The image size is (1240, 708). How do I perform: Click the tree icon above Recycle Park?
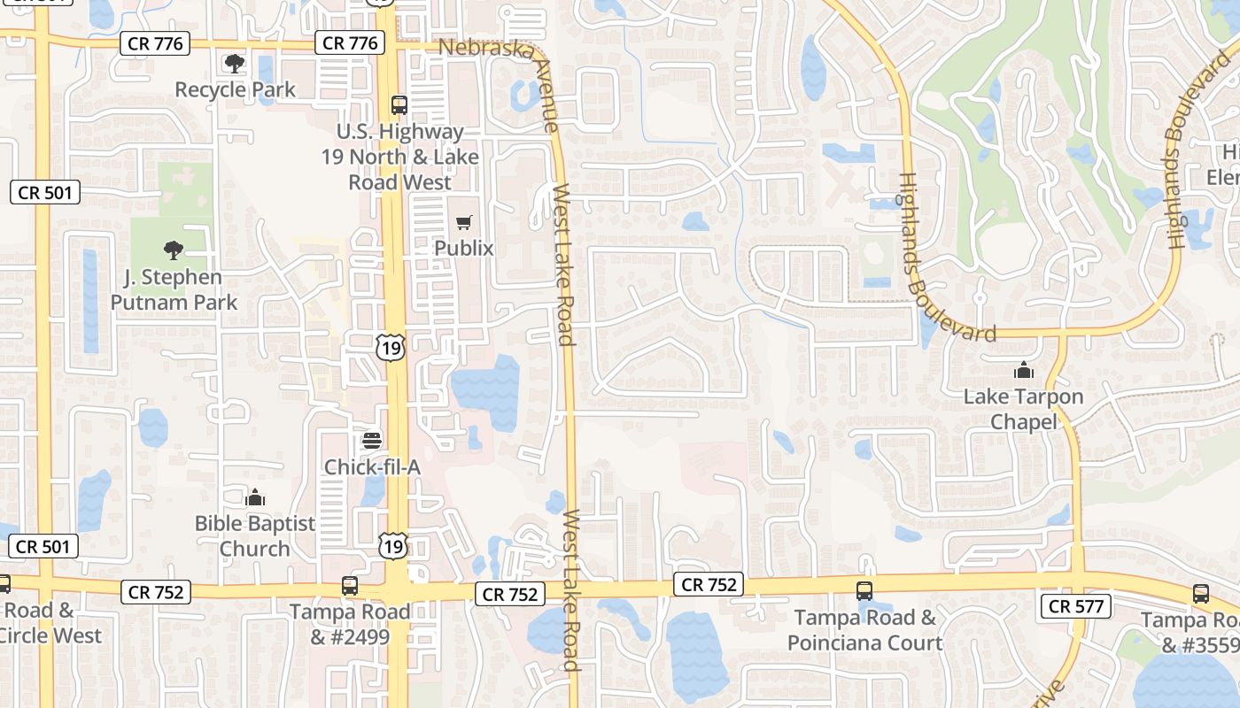[x=235, y=63]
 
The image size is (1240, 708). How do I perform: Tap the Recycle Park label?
[x=235, y=89]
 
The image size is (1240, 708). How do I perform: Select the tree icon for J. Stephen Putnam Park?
[x=174, y=250]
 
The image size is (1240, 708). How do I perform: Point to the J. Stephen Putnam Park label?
[x=174, y=289]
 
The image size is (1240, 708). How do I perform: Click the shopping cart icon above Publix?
[x=464, y=222]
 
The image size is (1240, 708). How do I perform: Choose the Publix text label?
[x=464, y=248]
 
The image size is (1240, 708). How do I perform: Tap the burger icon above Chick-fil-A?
[x=372, y=440]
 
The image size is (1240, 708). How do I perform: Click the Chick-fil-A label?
[x=372, y=466]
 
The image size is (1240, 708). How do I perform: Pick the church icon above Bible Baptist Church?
[x=255, y=497]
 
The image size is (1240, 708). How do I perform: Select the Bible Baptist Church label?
[x=255, y=535]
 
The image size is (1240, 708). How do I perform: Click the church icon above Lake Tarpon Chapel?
[x=1024, y=369]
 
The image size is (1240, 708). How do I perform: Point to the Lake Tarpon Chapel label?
[x=1024, y=408]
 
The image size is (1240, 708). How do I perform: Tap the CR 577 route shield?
[x=1075, y=606]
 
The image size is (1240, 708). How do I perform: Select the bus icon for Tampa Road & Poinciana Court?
[x=864, y=591]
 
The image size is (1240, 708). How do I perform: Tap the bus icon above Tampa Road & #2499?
[x=350, y=586]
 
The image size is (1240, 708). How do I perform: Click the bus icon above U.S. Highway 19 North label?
[x=399, y=105]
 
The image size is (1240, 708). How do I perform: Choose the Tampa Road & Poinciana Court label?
[x=864, y=629]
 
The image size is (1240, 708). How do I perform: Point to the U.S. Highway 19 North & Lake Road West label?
[x=400, y=157]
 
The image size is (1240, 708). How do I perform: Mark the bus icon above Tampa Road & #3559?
[x=1200, y=594]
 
